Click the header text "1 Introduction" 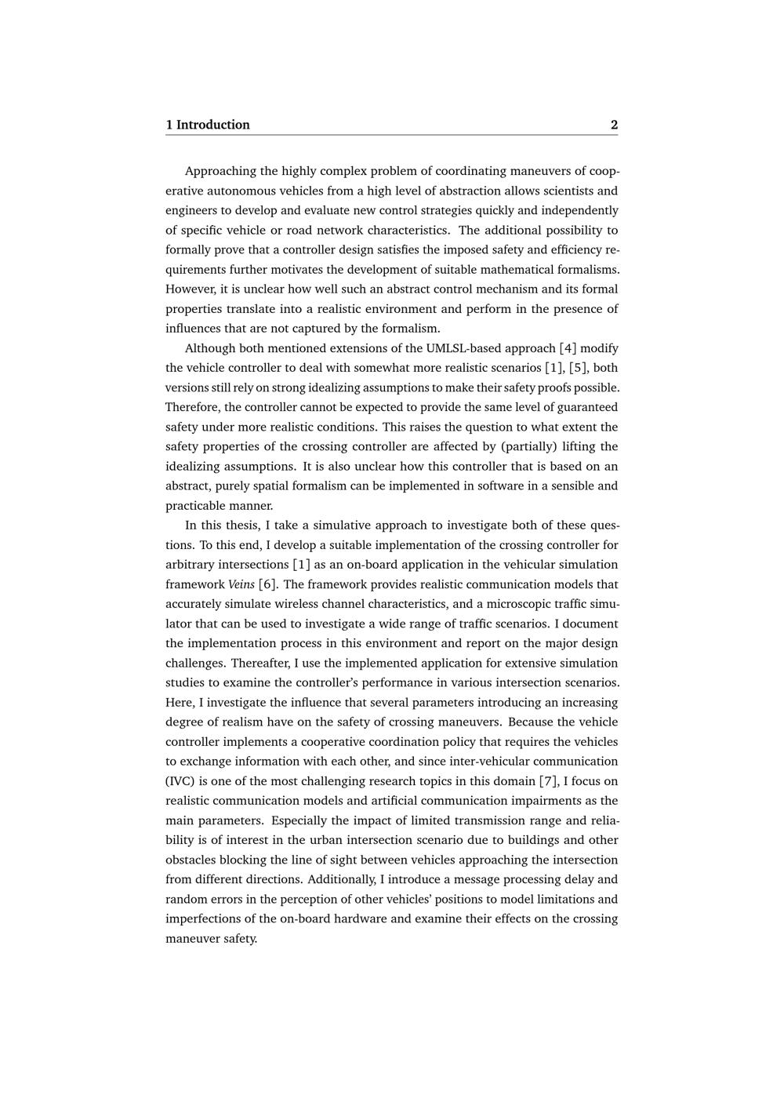pyautogui.click(x=208, y=125)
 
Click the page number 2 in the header pyautogui.click(x=614, y=125)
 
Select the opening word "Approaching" pyautogui.click(x=220, y=171)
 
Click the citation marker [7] pyautogui.click(x=549, y=781)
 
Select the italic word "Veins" pyautogui.click(x=241, y=584)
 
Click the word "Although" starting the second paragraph pyautogui.click(x=210, y=348)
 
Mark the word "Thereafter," pyautogui.click(x=260, y=663)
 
